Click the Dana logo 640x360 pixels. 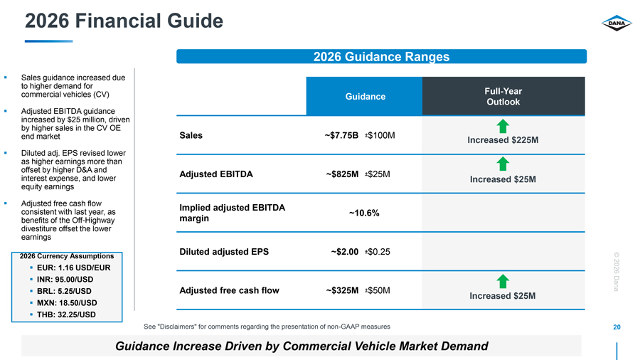[617, 23]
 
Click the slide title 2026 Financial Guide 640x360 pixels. [124, 21]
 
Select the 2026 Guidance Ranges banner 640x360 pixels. [381, 56]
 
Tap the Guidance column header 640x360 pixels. [365, 96]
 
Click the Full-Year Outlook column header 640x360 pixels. [503, 96]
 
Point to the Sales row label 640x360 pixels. [191, 135]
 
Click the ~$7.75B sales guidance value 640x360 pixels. [341, 135]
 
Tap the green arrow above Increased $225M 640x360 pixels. [503, 126]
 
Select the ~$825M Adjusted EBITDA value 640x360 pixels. [342, 174]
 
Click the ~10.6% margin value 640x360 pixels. [364, 213]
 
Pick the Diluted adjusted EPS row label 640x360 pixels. [224, 252]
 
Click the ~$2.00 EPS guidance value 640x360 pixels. [344, 251]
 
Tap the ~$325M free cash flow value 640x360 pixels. [342, 290]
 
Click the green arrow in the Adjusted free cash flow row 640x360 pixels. [503, 281]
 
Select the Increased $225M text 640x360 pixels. [503, 140]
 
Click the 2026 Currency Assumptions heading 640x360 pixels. [67, 256]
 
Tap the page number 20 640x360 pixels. [617, 327]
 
